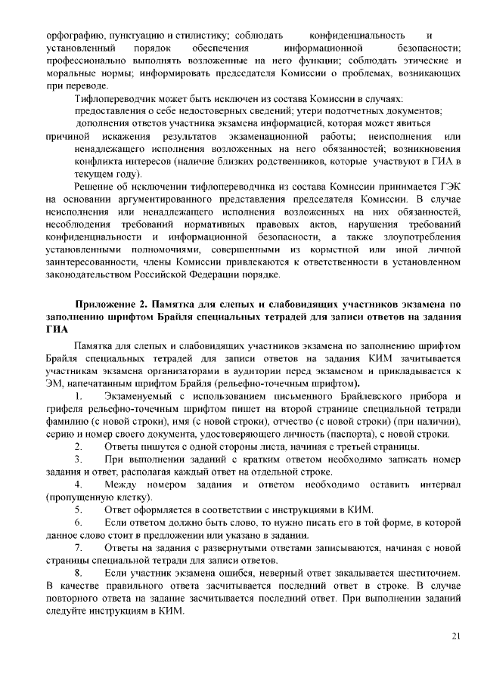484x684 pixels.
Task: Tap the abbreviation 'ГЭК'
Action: pyautogui.click(x=449, y=187)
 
